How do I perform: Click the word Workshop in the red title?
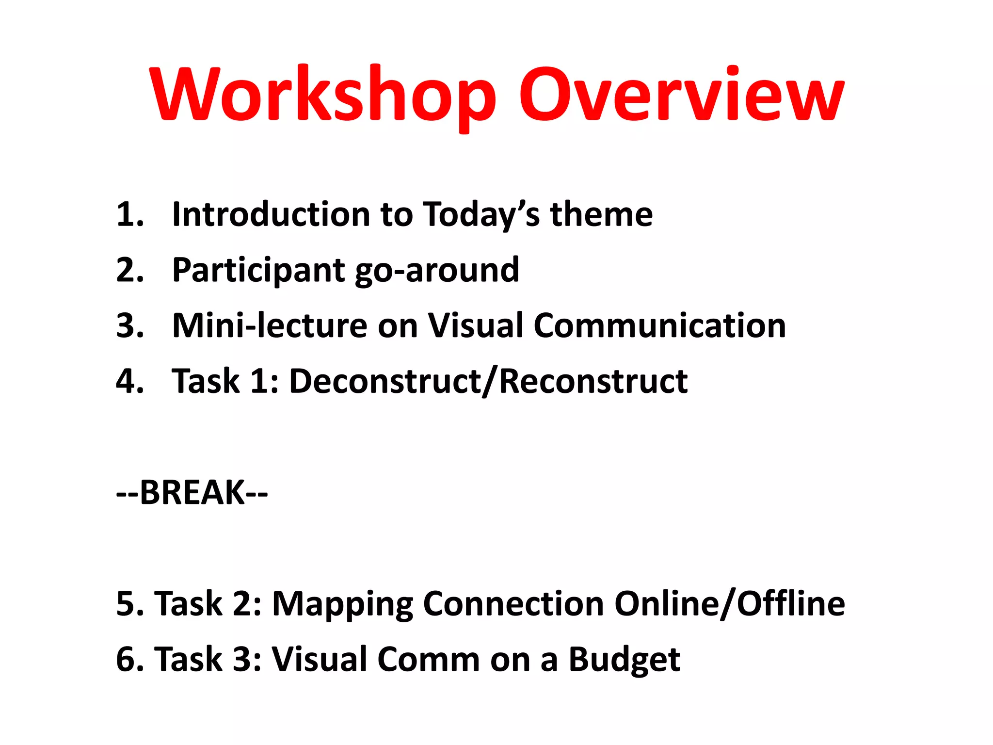(x=322, y=95)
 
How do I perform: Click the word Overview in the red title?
(x=681, y=95)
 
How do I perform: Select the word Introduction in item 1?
(x=272, y=214)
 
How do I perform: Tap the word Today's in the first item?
(x=481, y=214)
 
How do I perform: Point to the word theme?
(x=601, y=214)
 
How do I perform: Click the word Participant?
(x=258, y=270)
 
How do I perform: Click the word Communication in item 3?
(x=660, y=325)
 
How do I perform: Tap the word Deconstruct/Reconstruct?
(x=488, y=381)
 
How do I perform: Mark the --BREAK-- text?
(x=192, y=492)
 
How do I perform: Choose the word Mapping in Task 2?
(x=342, y=604)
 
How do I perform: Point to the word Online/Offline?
(x=730, y=604)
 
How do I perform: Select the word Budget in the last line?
(x=624, y=660)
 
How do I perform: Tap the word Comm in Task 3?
(x=429, y=660)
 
